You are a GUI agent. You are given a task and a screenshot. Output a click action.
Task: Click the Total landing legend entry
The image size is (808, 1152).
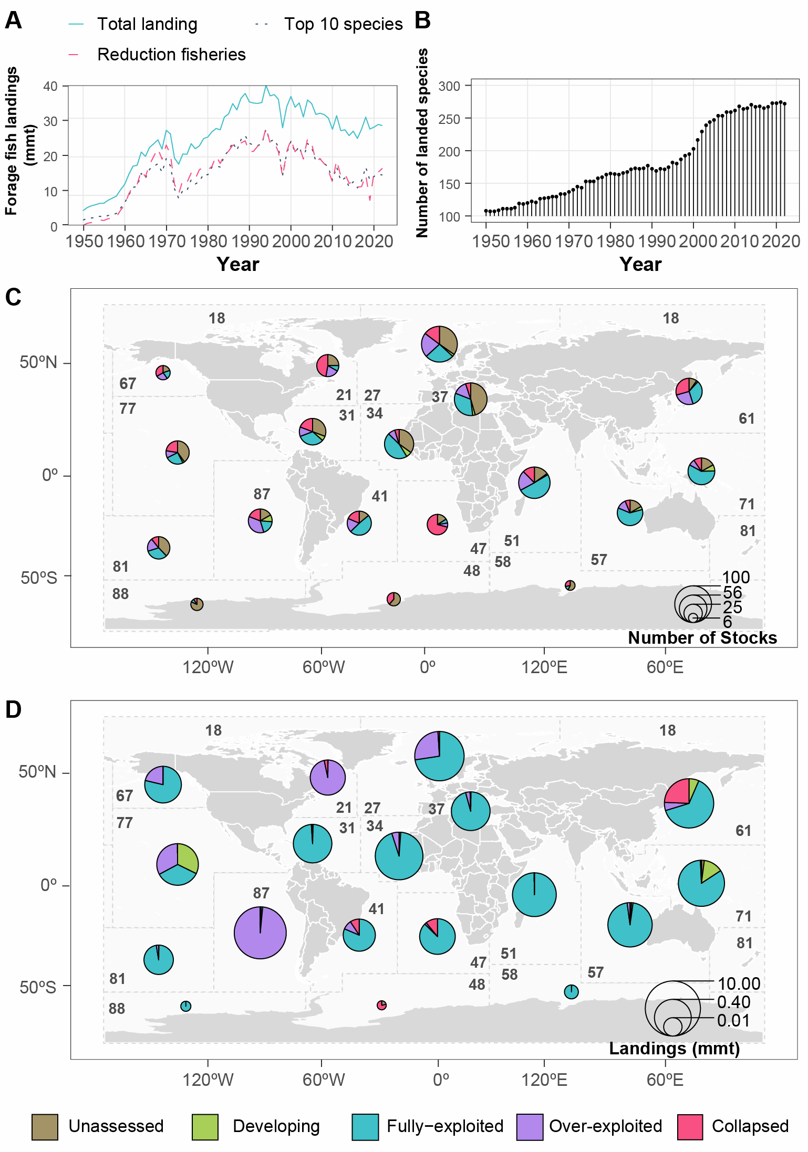pos(147,24)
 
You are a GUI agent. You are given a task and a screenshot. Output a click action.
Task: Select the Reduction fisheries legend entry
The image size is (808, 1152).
pos(171,55)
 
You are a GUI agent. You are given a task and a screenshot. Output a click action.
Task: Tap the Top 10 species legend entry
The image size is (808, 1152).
pos(343,24)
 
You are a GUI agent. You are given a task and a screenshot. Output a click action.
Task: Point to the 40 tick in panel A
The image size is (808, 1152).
pos(50,86)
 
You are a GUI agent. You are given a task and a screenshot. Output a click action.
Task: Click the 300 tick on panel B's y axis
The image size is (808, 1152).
pos(449,86)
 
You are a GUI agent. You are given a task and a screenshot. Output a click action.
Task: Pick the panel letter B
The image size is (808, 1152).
pos(422,21)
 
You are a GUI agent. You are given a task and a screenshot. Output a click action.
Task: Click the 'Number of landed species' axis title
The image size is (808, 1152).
pos(422,143)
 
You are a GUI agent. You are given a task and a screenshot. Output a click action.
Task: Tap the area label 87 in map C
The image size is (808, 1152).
pos(262,494)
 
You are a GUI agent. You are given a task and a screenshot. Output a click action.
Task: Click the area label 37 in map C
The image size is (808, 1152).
pos(440,397)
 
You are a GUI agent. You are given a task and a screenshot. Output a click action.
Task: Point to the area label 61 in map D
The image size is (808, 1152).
pos(743,831)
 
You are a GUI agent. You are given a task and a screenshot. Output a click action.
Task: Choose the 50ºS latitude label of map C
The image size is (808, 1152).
pos(39,578)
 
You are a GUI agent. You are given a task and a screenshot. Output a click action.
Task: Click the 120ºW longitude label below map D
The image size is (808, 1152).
pos(208,1080)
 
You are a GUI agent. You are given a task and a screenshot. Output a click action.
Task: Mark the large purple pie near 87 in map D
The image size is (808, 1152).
pos(260,933)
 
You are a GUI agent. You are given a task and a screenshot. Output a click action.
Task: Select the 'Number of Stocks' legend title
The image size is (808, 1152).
pos(702,637)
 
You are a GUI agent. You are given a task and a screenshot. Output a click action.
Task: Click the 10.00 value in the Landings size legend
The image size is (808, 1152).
pos(739,983)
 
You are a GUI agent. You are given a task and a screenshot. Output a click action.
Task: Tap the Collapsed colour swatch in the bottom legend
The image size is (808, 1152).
pos(690,1127)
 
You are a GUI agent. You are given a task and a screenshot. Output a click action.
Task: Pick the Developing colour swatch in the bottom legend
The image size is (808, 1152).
pos(205,1127)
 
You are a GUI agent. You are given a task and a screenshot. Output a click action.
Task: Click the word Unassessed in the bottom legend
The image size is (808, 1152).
pos(116,1126)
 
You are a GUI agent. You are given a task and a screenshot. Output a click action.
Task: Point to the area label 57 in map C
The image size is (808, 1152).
pos(599,560)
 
